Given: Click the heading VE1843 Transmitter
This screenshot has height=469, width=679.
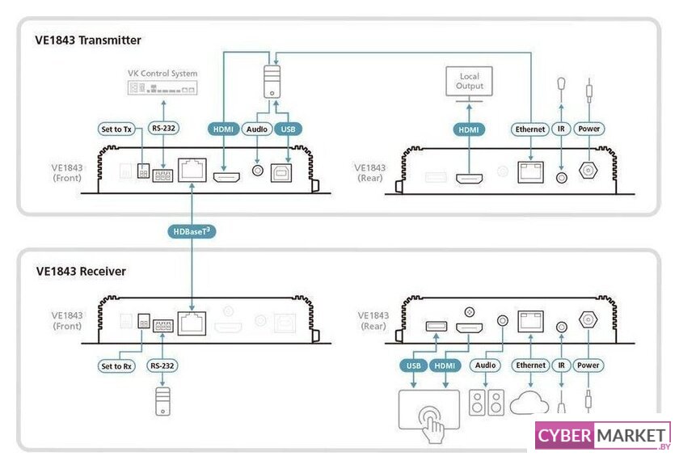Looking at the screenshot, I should [88, 40].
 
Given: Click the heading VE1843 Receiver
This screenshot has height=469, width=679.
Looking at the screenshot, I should [81, 271].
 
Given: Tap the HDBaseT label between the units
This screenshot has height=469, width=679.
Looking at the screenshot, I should [192, 232].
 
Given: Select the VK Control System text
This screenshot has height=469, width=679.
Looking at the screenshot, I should [162, 74].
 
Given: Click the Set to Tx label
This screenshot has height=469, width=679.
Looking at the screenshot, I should [117, 129].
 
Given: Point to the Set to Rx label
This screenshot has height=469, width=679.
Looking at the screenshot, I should [117, 365].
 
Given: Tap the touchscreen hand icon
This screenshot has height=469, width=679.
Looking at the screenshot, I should [428, 411].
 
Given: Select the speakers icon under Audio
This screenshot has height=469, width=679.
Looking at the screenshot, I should [487, 404].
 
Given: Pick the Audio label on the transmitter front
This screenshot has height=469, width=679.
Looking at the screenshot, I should [257, 129].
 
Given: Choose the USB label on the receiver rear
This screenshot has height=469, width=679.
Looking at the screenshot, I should [414, 365].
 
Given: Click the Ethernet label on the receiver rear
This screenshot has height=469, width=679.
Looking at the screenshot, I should [531, 365].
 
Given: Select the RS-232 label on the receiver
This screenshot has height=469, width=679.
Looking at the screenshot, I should [162, 365].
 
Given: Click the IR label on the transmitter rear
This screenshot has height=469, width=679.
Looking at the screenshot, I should [562, 129].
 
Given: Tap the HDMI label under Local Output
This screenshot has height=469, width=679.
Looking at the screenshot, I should [470, 129].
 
